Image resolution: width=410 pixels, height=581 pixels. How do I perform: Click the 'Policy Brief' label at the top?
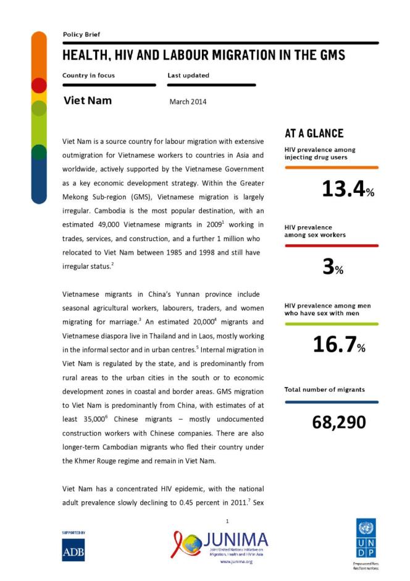point(81,35)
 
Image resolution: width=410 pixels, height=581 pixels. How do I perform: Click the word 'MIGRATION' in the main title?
point(246,56)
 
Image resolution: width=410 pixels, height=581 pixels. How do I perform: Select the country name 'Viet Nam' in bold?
point(88,100)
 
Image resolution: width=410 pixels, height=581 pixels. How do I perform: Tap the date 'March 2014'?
point(188,101)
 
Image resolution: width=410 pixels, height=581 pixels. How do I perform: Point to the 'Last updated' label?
point(188,75)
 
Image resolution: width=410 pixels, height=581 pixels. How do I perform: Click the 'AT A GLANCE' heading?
point(314,134)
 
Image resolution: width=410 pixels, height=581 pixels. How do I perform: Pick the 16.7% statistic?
point(339,345)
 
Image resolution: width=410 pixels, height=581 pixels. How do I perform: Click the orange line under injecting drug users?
point(331,168)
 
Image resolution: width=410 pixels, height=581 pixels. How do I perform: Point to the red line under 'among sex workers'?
point(331,245)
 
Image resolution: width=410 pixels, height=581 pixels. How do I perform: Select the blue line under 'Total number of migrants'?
point(331,402)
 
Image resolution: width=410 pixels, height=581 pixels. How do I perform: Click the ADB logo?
point(73,549)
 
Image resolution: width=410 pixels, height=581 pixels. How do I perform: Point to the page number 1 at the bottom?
point(227,522)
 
